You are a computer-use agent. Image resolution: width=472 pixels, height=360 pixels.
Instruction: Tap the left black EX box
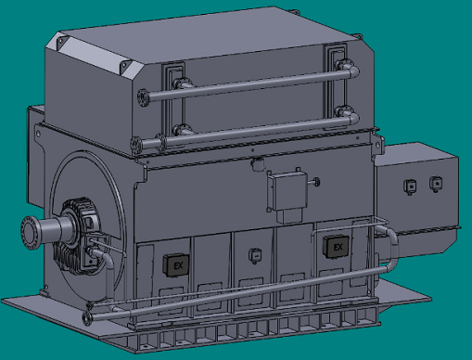pos(176,264)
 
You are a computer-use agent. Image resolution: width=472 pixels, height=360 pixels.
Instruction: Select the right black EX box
pos(336,246)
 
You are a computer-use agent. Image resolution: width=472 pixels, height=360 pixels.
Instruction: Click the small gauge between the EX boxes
pos(255,255)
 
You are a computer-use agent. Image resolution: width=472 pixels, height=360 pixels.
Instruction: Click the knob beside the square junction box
pos(316,182)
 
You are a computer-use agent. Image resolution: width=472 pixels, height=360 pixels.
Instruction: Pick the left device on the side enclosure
pos(410,186)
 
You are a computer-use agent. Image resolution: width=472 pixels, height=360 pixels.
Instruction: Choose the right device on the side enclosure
pos(436,184)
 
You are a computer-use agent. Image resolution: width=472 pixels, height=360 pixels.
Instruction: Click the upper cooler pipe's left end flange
pos(143,97)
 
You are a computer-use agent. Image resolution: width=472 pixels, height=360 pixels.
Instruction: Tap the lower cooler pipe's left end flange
pos(136,145)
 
